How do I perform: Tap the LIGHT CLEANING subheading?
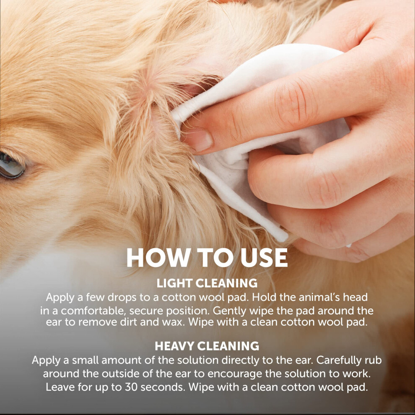(x=207, y=283)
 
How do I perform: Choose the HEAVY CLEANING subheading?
(x=207, y=346)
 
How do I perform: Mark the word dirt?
(x=129, y=322)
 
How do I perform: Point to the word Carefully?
(x=339, y=361)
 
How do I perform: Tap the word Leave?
(x=61, y=387)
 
